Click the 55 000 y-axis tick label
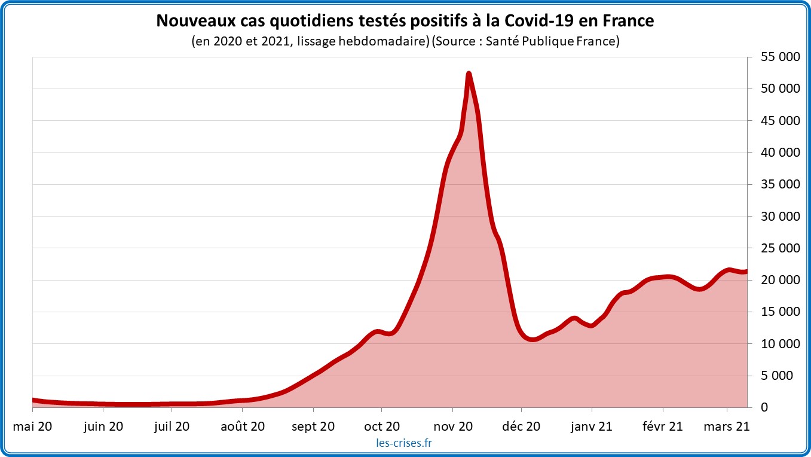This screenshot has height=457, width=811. tap(776, 57)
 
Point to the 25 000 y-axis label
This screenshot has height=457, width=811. tap(776, 248)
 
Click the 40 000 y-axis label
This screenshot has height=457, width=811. tap(776, 153)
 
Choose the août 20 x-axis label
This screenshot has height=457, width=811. tap(242, 426)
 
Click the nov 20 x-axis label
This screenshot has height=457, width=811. tap(452, 426)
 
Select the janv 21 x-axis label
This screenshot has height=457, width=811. tap(592, 426)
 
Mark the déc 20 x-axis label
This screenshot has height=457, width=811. tap(521, 426)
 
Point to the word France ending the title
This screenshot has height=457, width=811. tap(630, 21)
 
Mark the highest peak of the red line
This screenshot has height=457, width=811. tap(469, 74)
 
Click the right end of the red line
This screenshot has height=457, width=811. tap(746, 271)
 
